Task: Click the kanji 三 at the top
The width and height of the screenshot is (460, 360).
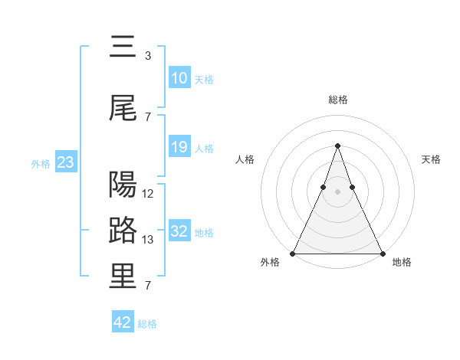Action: point(123,47)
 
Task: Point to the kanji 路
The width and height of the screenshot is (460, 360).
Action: point(123,231)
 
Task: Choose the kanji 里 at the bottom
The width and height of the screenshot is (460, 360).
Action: point(123,277)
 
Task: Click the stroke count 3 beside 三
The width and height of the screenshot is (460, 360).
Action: point(148,56)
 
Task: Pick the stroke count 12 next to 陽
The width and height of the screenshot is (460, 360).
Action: point(149,194)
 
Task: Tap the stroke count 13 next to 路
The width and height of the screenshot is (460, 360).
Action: point(149,240)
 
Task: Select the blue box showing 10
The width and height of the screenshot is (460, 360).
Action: point(179,78)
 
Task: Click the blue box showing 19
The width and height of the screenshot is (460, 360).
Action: point(179,147)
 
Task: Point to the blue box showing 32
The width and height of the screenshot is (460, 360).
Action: point(179,231)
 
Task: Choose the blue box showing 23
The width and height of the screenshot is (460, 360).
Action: point(65,162)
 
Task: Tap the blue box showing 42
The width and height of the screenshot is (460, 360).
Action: point(123,322)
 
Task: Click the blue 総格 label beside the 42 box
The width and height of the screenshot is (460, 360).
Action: point(147,324)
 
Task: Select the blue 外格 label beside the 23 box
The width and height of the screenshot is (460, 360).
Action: point(41,163)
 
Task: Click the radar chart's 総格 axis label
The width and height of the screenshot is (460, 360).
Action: point(337,100)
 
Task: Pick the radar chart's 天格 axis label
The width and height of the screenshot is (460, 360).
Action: point(431,159)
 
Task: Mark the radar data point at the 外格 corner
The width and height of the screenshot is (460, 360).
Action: point(293,253)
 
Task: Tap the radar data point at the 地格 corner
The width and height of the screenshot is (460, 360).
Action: point(382,253)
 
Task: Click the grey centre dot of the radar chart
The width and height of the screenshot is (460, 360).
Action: point(337,191)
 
